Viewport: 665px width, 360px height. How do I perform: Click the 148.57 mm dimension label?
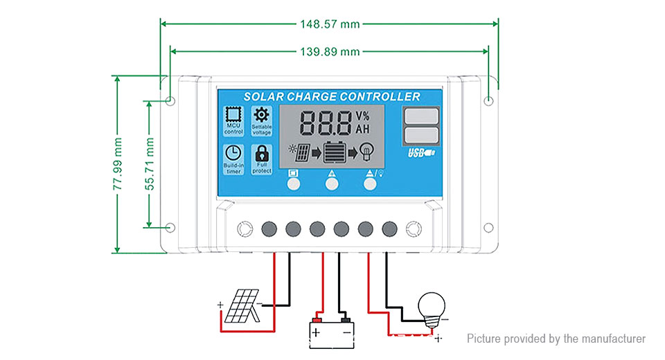pyautogui.click(x=330, y=24)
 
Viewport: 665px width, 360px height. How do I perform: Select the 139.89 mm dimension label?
pyautogui.click(x=330, y=51)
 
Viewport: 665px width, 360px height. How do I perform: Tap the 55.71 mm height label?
pyautogui.click(x=150, y=164)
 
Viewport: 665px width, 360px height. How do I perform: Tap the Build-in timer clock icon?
pyautogui.click(x=234, y=153)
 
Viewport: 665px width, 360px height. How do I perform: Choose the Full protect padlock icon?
pyautogui.click(x=262, y=153)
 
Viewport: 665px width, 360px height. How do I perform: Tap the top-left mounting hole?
pyautogui.click(x=170, y=101)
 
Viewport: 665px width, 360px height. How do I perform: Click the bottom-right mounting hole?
pyautogui.click(x=488, y=227)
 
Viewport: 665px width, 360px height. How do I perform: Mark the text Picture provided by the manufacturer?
pyautogui.click(x=556, y=339)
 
